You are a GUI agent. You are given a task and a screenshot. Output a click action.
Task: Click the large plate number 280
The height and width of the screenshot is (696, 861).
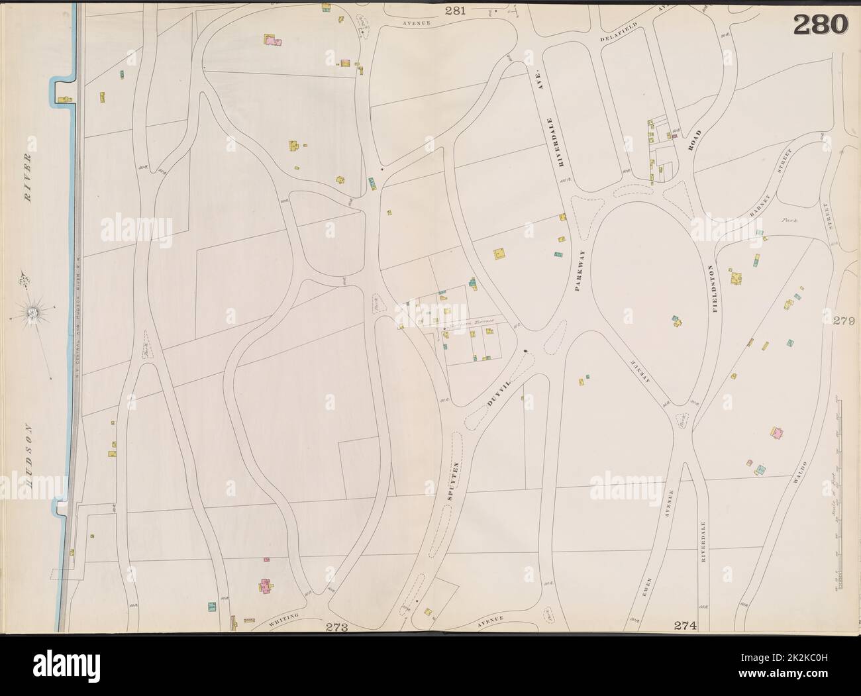820,25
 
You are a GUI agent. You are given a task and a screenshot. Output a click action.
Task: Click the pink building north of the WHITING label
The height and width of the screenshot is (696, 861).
266,586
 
